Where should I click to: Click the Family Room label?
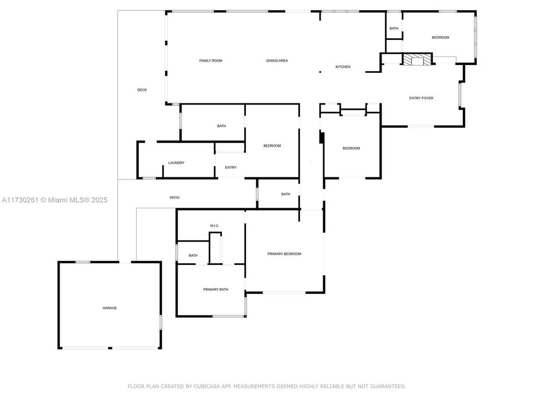[210, 61]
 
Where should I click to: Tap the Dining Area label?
[277, 61]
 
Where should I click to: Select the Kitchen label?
[343, 67]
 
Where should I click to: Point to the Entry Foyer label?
[421, 98]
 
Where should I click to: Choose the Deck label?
[142, 90]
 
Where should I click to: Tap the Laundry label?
[176, 163]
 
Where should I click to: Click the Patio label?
[175, 197]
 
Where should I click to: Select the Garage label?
[110, 308]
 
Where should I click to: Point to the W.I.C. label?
[215, 226]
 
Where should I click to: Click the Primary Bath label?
[216, 289]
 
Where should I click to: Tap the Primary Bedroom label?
[284, 254]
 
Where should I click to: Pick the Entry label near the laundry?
[230, 167]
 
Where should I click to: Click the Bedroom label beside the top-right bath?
[441, 37]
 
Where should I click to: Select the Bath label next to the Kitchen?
[394, 28]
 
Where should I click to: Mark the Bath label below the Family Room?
[222, 126]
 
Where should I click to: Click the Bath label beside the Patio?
[286, 194]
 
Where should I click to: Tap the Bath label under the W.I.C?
[193, 255]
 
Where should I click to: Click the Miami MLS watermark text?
[55, 200]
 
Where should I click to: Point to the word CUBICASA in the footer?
[207, 387]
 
